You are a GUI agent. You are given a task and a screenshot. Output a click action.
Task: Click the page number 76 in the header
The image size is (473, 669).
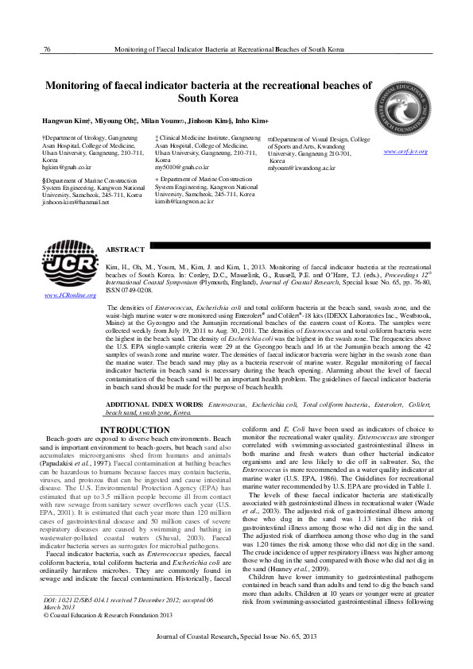tap(47, 49)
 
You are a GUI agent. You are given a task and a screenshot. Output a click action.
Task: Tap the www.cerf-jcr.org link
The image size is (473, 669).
tap(407, 152)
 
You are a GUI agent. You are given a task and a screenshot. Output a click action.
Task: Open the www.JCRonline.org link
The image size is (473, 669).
tap(69, 296)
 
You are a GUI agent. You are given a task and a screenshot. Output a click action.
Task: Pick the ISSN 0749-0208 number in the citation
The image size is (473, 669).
tap(131, 292)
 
